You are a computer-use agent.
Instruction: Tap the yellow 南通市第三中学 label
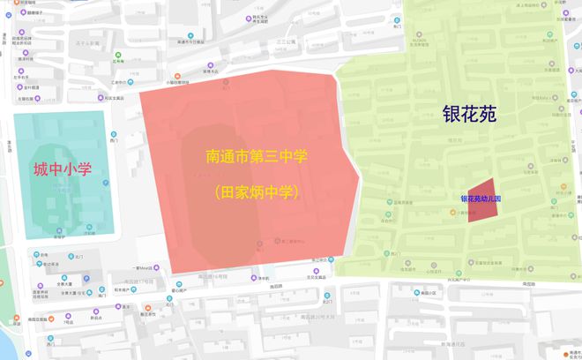[x=257, y=158]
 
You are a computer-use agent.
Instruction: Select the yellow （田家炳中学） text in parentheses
[x=257, y=190]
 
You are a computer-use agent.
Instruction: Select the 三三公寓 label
[x=283, y=41]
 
